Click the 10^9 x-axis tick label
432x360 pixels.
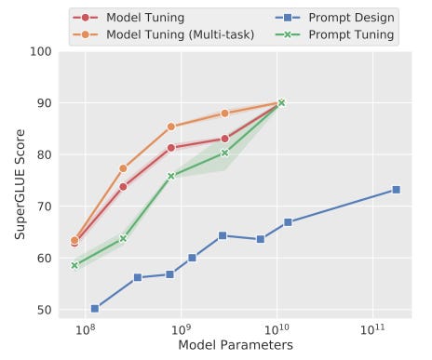[x=181, y=328]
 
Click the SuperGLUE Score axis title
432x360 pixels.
[x=18, y=181]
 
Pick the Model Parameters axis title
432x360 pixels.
[x=236, y=345]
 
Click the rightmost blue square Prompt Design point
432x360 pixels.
[x=396, y=190]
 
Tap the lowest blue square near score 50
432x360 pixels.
[x=95, y=308]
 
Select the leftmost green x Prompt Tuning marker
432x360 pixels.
[x=74, y=265]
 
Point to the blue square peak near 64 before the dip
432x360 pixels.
[x=223, y=235]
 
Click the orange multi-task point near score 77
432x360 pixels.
[x=123, y=168]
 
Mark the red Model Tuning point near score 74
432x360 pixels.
[x=123, y=186]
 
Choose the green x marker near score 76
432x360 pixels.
[x=171, y=176]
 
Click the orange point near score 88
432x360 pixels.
[x=224, y=113]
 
